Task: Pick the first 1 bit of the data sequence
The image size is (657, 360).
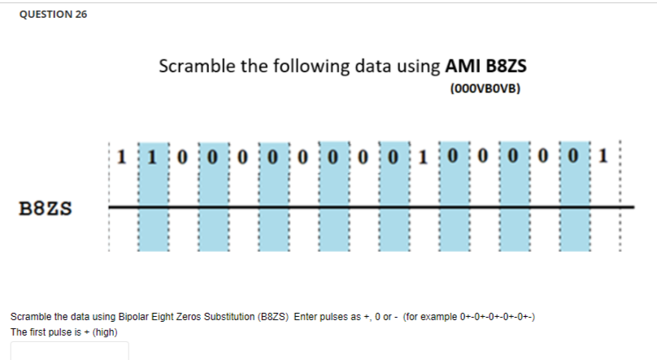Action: pos(121,154)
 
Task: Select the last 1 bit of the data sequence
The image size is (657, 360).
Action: pos(601,154)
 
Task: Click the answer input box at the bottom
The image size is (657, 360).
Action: pos(69,351)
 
